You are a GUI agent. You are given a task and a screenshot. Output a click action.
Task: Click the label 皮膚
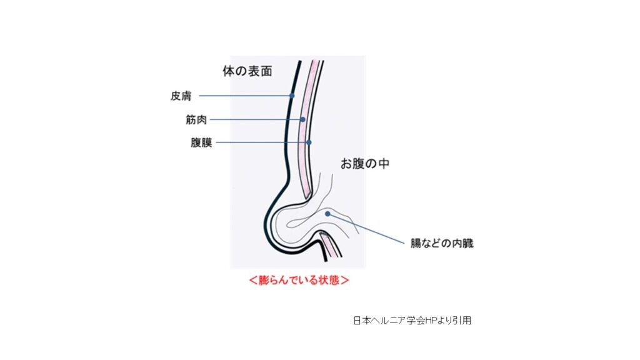181,96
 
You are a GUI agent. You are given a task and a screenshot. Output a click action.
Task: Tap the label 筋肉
196,119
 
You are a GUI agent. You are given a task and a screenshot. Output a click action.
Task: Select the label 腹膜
202,142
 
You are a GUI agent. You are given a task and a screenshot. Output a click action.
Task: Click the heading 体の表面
247,71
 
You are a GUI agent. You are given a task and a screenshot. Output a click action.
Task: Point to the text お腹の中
365,164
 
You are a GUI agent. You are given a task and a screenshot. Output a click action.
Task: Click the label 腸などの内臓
442,243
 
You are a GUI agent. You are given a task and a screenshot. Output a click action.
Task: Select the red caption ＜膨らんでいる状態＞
299,280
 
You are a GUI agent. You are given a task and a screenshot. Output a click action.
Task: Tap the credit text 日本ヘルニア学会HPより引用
412,321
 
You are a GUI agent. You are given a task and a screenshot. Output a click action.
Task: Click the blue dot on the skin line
292,96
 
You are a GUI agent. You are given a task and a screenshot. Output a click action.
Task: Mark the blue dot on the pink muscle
302,119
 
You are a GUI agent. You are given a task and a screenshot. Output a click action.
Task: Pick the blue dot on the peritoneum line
309,142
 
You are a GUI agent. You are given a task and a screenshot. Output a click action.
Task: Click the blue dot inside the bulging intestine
327,214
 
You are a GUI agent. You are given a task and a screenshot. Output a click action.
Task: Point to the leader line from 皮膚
244,96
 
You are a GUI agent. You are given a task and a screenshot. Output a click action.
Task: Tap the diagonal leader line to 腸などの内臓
366,229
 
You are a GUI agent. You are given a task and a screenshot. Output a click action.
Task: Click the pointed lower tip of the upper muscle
307,198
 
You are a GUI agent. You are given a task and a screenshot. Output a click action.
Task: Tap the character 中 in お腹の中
383,164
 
